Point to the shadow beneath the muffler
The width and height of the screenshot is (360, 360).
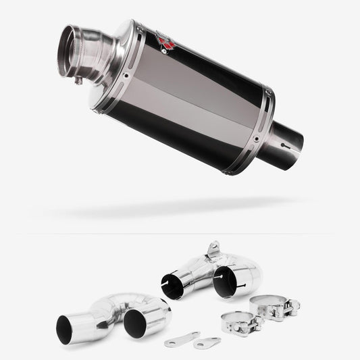point(176,207)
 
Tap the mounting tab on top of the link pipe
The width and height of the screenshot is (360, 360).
point(214,249)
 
